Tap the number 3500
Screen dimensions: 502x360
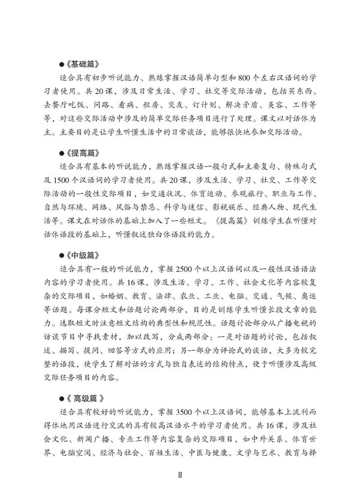190,411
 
